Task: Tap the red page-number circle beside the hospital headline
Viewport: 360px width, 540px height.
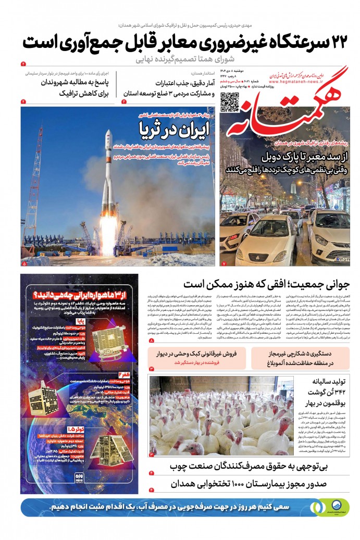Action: (151, 490)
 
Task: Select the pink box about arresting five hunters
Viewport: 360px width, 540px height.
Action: (301, 357)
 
